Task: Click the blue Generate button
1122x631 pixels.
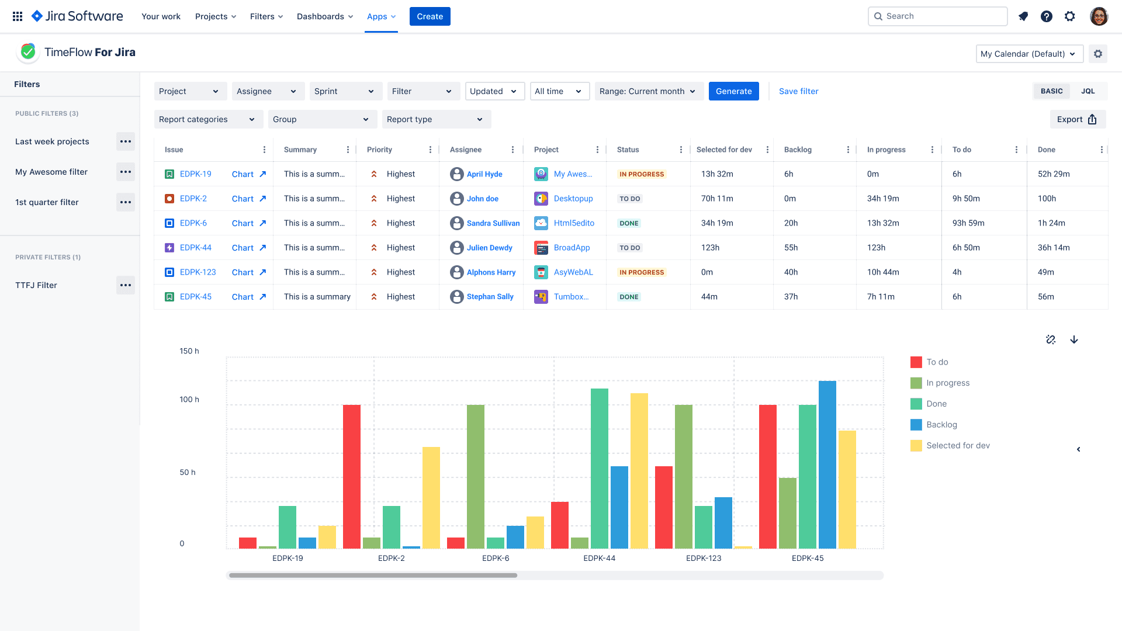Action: (x=733, y=91)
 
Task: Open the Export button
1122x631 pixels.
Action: (x=1077, y=119)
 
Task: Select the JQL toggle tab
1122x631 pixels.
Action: (x=1088, y=91)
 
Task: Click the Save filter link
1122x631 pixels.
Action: (x=798, y=91)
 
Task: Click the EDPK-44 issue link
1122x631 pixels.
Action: (x=195, y=248)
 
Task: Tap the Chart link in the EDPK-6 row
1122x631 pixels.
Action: (x=243, y=223)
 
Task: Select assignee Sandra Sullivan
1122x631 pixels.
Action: (x=493, y=223)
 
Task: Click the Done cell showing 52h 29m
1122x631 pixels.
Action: (x=1053, y=174)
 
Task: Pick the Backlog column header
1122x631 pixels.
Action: (x=798, y=150)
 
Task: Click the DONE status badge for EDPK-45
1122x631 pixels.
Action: (x=629, y=297)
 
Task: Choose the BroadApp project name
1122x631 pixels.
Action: (x=572, y=248)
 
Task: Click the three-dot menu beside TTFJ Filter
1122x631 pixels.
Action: (x=125, y=285)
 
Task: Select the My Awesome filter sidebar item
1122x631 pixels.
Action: (x=51, y=172)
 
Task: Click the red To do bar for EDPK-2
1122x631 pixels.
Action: (x=351, y=476)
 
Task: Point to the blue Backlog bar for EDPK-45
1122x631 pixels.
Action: (x=827, y=464)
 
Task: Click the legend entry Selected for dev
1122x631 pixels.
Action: (x=957, y=446)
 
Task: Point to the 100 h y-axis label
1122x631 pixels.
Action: (x=189, y=400)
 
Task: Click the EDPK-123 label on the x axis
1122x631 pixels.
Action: (x=703, y=558)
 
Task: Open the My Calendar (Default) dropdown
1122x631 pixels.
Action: (x=1028, y=54)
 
